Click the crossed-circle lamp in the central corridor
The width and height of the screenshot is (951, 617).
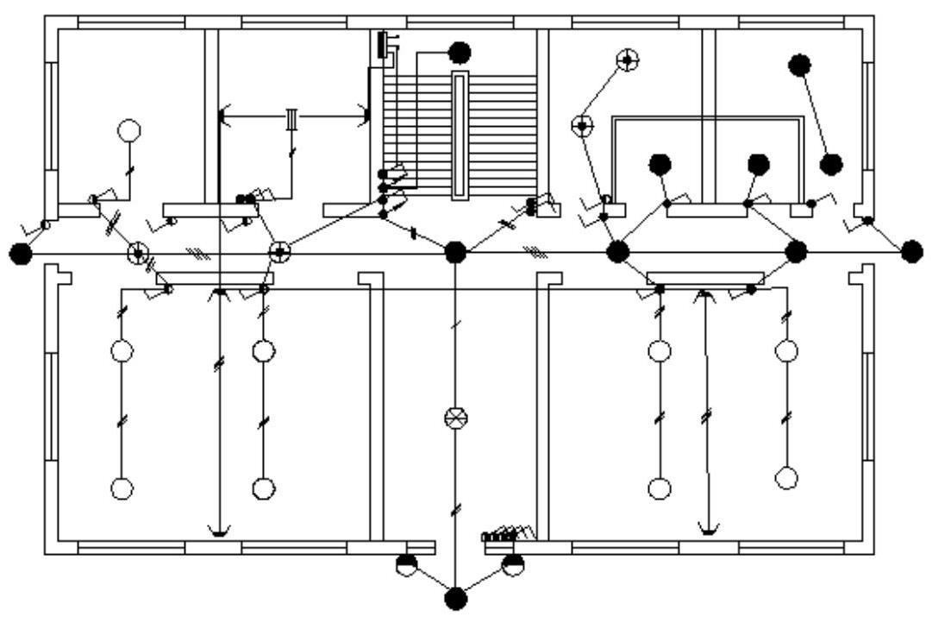(x=454, y=419)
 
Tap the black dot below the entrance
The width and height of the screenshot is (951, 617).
(x=455, y=597)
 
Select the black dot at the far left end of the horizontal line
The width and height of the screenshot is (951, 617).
(x=20, y=253)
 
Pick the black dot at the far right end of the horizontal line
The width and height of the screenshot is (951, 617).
(x=911, y=252)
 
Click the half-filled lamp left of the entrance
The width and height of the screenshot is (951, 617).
(x=405, y=565)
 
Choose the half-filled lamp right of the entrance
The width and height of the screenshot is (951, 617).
(x=512, y=565)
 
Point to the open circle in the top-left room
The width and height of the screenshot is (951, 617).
(x=128, y=131)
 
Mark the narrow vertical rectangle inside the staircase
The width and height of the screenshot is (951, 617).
(x=460, y=135)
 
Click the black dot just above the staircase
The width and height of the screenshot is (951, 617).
(x=460, y=54)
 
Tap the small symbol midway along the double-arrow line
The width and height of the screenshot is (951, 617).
(x=292, y=118)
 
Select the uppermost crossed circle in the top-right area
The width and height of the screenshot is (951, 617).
(x=628, y=60)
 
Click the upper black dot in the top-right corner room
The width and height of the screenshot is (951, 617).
(x=800, y=64)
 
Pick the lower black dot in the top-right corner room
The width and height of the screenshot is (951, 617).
(x=831, y=164)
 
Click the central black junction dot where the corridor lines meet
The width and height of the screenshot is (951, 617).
(x=455, y=252)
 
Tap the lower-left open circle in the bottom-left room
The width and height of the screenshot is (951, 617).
(x=122, y=488)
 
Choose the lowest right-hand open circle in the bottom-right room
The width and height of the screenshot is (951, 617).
(x=786, y=477)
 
